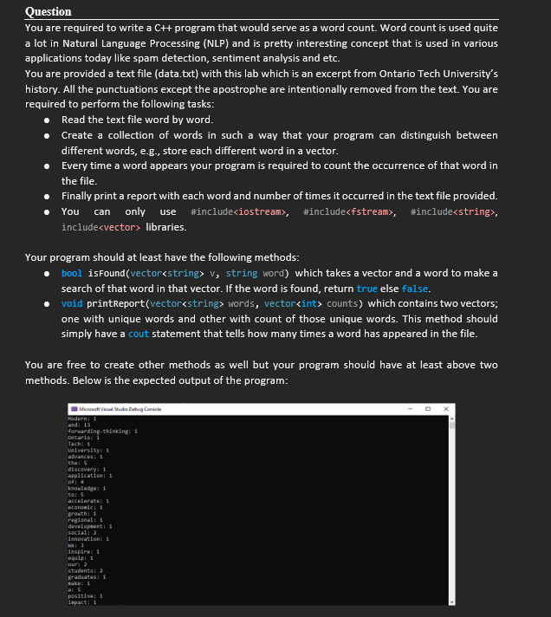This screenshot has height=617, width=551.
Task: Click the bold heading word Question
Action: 49,11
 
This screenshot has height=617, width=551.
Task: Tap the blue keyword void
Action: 73,304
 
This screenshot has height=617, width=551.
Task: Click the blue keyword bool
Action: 72,273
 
